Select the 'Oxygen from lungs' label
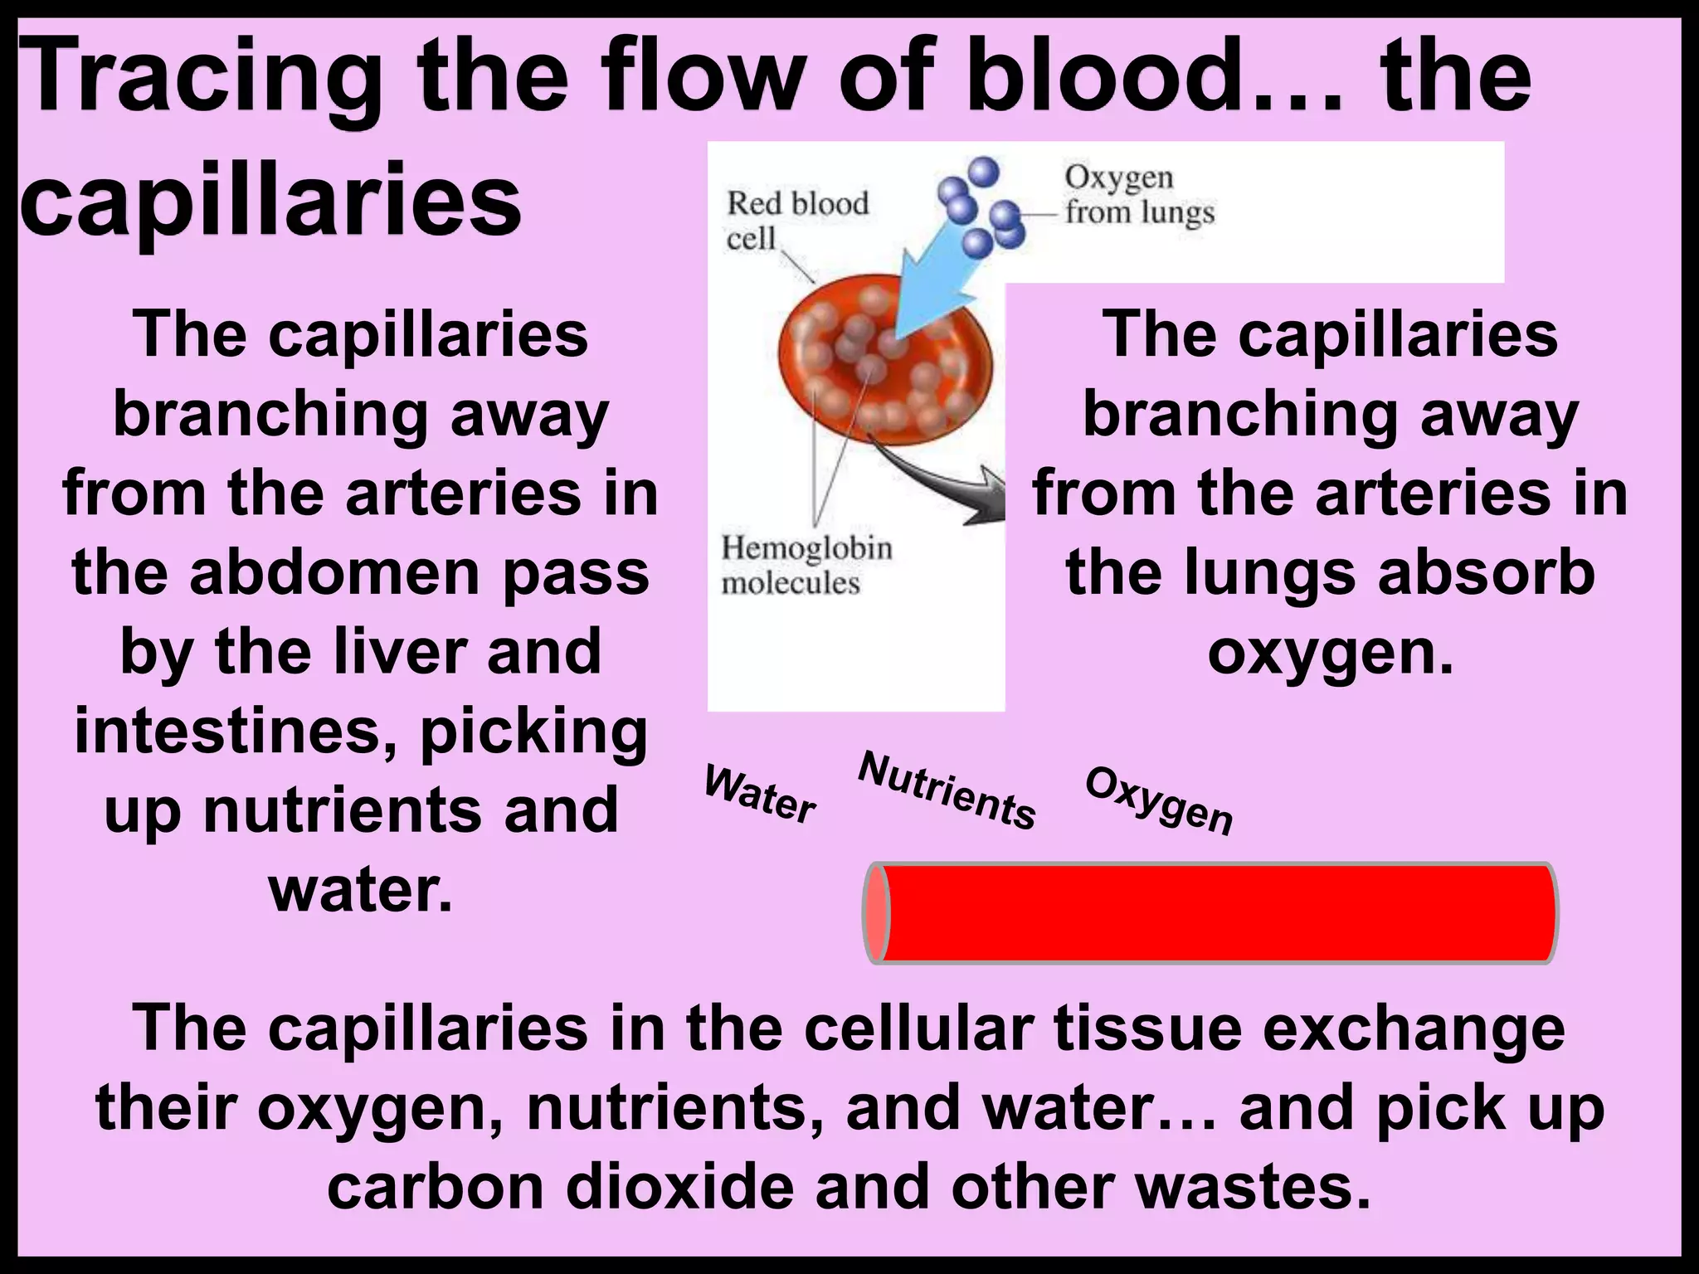point(1138,195)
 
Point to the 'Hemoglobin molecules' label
point(805,565)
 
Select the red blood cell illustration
point(884,365)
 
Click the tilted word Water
point(760,795)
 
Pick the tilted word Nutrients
point(947,790)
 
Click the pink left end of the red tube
point(876,912)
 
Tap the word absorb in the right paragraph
point(1486,573)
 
